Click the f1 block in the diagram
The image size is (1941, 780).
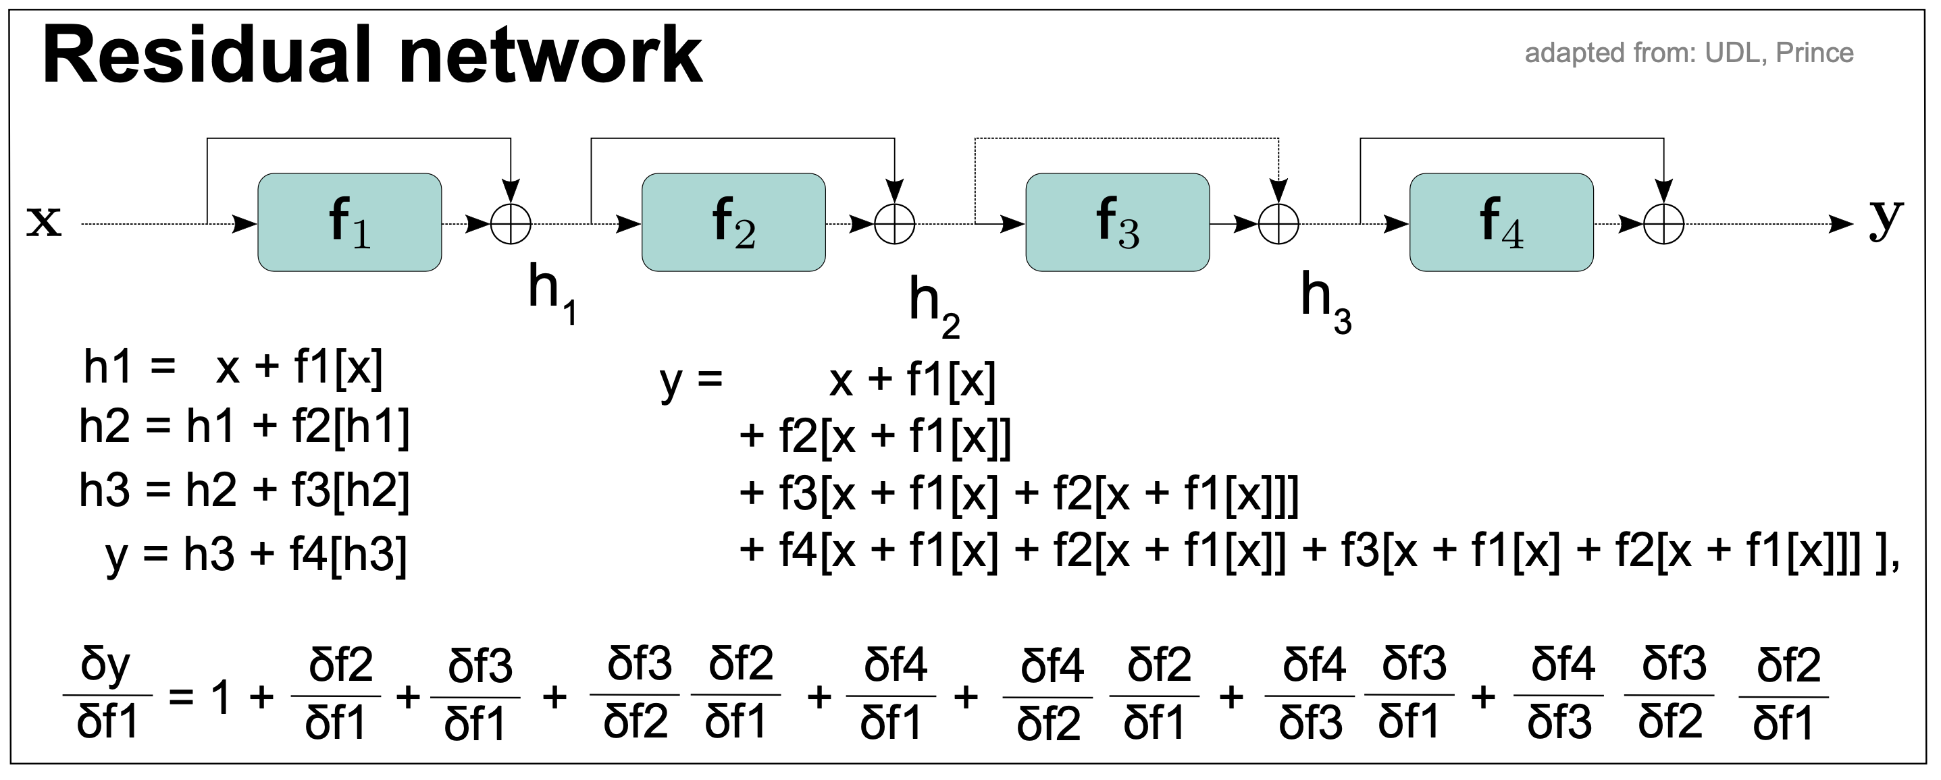tap(350, 223)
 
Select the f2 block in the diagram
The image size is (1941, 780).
tap(733, 223)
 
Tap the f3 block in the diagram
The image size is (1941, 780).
tap(1118, 223)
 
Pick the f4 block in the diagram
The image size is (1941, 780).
tap(1501, 223)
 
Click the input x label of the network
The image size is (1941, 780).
tap(44, 221)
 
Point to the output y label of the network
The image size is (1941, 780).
tap(1885, 219)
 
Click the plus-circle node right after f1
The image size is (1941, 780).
tap(511, 223)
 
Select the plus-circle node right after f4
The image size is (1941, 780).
tap(1663, 223)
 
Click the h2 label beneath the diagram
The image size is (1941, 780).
tap(933, 305)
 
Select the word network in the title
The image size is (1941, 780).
tap(552, 57)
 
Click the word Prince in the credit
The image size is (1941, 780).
tap(1815, 53)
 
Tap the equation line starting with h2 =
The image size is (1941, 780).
tap(244, 426)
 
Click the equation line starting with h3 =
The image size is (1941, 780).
tap(244, 490)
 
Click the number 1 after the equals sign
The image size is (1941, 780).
tap(220, 697)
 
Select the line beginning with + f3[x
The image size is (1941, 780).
tap(1018, 494)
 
